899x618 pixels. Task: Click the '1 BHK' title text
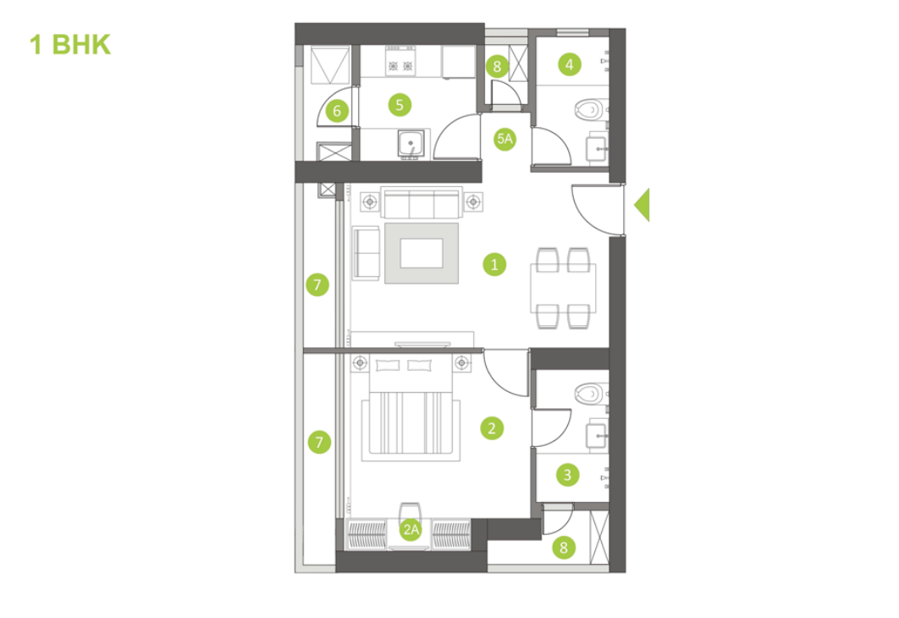pyautogui.click(x=70, y=44)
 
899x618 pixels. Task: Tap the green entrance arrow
pyautogui.click(x=642, y=205)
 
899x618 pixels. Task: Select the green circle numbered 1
pyautogui.click(x=494, y=264)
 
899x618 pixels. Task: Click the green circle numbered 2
pyautogui.click(x=491, y=428)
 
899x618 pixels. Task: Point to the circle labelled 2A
pyautogui.click(x=411, y=530)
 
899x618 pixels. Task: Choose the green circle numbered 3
pyautogui.click(x=567, y=475)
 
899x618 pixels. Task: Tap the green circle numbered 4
pyautogui.click(x=569, y=63)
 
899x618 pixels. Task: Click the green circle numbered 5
pyautogui.click(x=399, y=104)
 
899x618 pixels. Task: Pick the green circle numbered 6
pyautogui.click(x=337, y=110)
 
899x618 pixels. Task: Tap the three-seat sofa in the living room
pyautogui.click(x=421, y=202)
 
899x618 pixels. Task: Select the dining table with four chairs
pyautogui.click(x=562, y=288)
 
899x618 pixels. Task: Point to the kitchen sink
pyautogui.click(x=411, y=144)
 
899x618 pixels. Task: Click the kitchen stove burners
pyautogui.click(x=400, y=64)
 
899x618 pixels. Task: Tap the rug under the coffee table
pyautogui.click(x=422, y=253)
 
